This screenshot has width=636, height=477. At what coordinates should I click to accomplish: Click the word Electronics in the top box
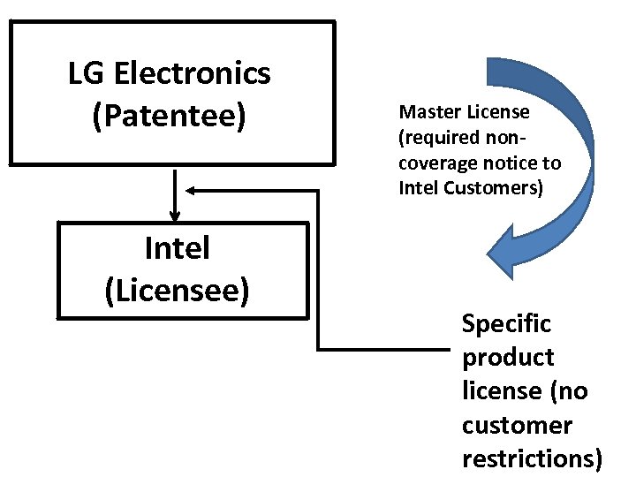coord(192,73)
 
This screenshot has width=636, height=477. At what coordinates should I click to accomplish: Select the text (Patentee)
coord(169,115)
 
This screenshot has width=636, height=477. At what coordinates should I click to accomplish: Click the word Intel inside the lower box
coord(177,249)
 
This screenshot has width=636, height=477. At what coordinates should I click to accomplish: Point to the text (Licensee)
coord(177,290)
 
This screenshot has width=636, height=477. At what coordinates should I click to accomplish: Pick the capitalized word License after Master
coord(499,112)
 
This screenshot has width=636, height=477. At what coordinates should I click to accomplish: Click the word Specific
coord(506,324)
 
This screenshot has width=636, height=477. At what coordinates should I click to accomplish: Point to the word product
coord(507,358)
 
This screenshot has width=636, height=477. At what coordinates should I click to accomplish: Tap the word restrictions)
coord(533,458)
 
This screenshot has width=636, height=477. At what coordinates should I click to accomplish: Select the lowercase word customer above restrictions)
coord(516,425)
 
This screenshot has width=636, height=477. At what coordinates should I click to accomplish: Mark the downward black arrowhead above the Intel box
coord(175,215)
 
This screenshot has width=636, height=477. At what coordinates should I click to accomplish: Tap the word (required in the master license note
coord(439,138)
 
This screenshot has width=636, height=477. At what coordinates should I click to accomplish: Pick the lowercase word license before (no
coord(495,391)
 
